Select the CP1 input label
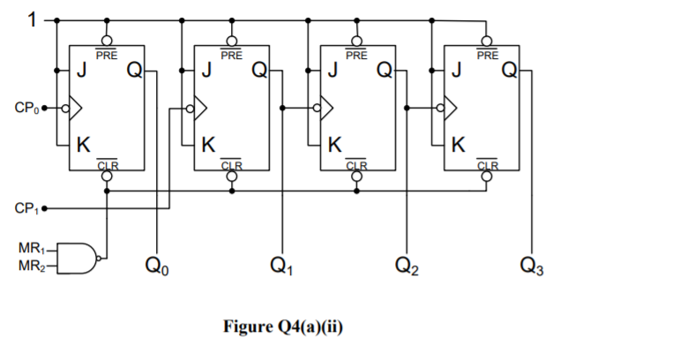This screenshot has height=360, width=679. [x=25, y=209]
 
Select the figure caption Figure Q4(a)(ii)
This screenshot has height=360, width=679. [x=285, y=327]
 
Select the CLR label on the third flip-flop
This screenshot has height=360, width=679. [x=356, y=164]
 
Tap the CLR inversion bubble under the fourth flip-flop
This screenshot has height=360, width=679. [x=487, y=176]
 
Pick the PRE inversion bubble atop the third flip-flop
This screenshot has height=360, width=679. [x=356, y=40]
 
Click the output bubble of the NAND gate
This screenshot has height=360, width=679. [x=102, y=259]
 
